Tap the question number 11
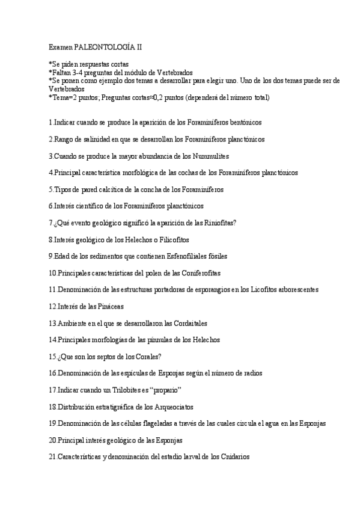point(52,289)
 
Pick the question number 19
point(52,423)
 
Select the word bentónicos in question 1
point(242,122)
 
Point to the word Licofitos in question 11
point(257,289)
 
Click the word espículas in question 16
point(123,373)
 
